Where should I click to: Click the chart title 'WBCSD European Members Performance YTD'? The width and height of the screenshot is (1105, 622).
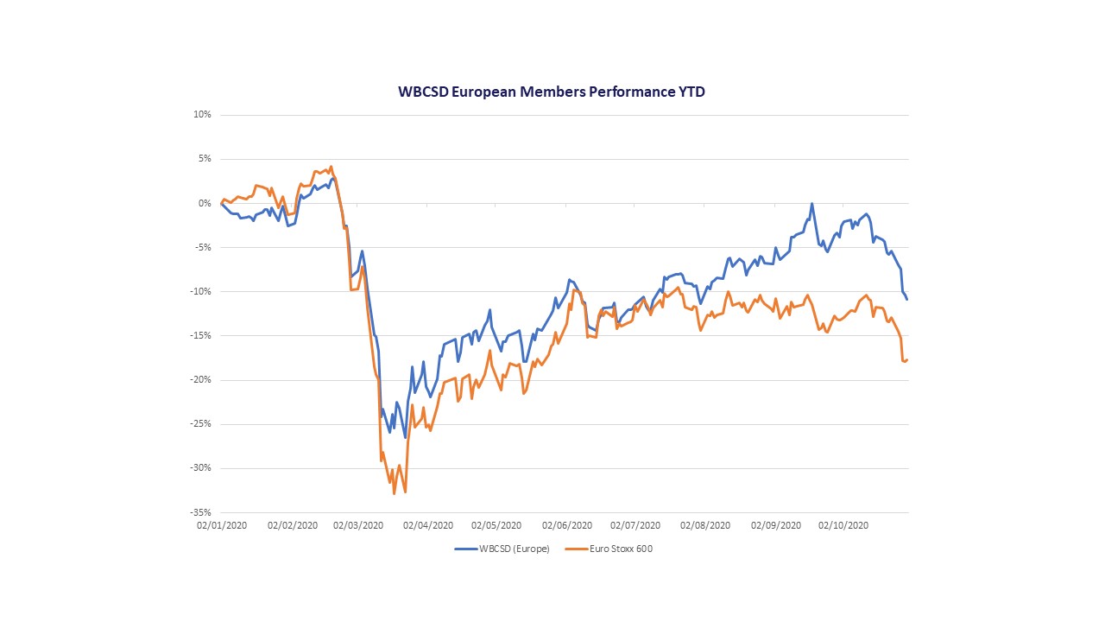point(551,91)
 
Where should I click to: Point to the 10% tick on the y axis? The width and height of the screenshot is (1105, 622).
point(203,115)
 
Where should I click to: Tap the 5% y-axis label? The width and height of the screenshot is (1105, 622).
point(205,159)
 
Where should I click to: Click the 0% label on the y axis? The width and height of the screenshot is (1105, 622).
point(205,203)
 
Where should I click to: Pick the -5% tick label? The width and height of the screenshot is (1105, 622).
point(203,247)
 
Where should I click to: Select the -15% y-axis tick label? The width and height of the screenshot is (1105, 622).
point(201,335)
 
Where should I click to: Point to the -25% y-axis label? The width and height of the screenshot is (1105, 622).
point(201,424)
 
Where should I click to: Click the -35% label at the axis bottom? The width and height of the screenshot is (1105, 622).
point(201,512)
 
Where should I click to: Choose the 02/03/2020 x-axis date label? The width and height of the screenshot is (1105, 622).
point(358,525)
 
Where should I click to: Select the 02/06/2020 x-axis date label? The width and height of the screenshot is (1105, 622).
point(567,525)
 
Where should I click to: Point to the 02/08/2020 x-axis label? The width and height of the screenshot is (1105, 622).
point(706,525)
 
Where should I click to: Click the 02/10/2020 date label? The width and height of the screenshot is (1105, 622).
point(843,525)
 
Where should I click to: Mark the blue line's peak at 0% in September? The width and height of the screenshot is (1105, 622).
point(811,204)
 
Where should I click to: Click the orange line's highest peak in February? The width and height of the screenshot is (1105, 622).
point(331,167)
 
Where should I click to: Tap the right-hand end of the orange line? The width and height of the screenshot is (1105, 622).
point(907,359)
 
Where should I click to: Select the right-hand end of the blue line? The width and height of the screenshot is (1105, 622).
point(907,299)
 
